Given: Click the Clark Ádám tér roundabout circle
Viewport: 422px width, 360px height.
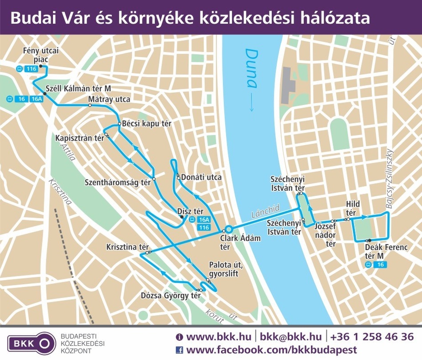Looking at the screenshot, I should click(x=229, y=229).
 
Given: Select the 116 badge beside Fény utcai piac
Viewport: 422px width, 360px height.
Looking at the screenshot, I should click(x=31, y=69).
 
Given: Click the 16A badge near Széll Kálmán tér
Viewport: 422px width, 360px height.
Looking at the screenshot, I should click(x=36, y=99).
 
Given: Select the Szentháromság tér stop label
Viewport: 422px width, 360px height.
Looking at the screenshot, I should click(x=118, y=182).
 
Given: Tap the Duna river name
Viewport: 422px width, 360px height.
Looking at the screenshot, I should click(x=251, y=69).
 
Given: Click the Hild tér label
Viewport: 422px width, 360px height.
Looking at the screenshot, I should click(x=353, y=207).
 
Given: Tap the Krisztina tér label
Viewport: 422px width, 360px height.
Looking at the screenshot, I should click(x=127, y=247).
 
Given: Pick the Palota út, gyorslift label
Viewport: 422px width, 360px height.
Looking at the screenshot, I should click(x=223, y=269).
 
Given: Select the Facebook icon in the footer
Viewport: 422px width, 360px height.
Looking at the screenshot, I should click(x=179, y=350).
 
